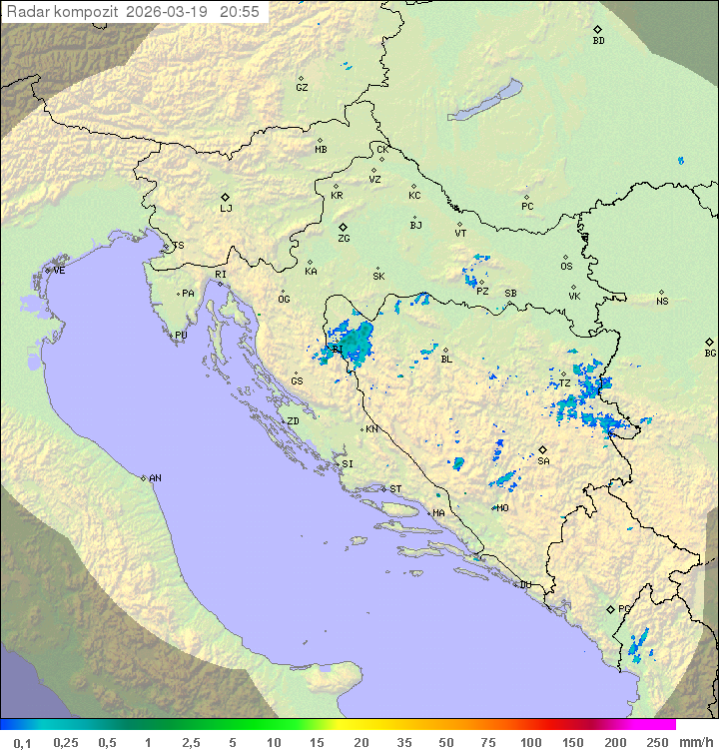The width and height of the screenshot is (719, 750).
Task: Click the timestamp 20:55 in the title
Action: point(240,12)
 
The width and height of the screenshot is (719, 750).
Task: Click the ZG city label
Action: point(344,239)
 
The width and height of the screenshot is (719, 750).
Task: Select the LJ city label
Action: point(226,209)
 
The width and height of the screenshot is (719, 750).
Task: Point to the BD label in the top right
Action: point(598,41)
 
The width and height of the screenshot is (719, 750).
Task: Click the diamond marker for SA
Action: point(542,449)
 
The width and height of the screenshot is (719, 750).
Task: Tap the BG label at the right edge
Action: point(710,353)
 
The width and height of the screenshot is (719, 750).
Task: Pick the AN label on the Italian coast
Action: point(155,478)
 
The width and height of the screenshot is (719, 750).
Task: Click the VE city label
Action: point(59,271)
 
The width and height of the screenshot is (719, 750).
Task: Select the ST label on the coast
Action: point(395,489)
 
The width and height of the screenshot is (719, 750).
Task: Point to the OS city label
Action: point(566,267)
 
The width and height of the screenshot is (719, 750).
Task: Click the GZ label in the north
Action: point(302,88)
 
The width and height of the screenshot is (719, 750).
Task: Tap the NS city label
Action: point(662,302)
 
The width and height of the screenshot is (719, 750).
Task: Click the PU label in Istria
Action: point(181,336)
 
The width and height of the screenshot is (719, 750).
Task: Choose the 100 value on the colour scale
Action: point(530,742)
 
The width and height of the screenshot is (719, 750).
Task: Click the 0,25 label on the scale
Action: point(66,742)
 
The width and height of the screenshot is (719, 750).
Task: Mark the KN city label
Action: point(371,429)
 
